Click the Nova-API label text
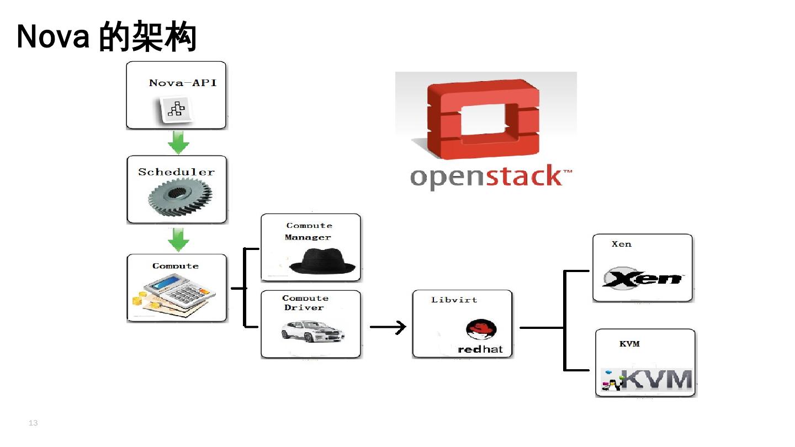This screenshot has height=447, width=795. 183,83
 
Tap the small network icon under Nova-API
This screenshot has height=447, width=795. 176,109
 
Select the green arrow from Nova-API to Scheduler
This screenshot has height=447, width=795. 178,142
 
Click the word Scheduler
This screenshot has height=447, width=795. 176,172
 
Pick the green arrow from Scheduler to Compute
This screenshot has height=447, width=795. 178,240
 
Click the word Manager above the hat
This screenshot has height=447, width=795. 308,238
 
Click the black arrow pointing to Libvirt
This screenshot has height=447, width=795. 388,327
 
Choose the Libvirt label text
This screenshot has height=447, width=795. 454,300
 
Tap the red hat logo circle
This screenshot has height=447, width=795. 481,330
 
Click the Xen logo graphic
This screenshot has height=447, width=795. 642,279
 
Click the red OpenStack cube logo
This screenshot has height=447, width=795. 483,118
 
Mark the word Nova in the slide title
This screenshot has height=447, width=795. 53,38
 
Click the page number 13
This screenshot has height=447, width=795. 33,423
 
